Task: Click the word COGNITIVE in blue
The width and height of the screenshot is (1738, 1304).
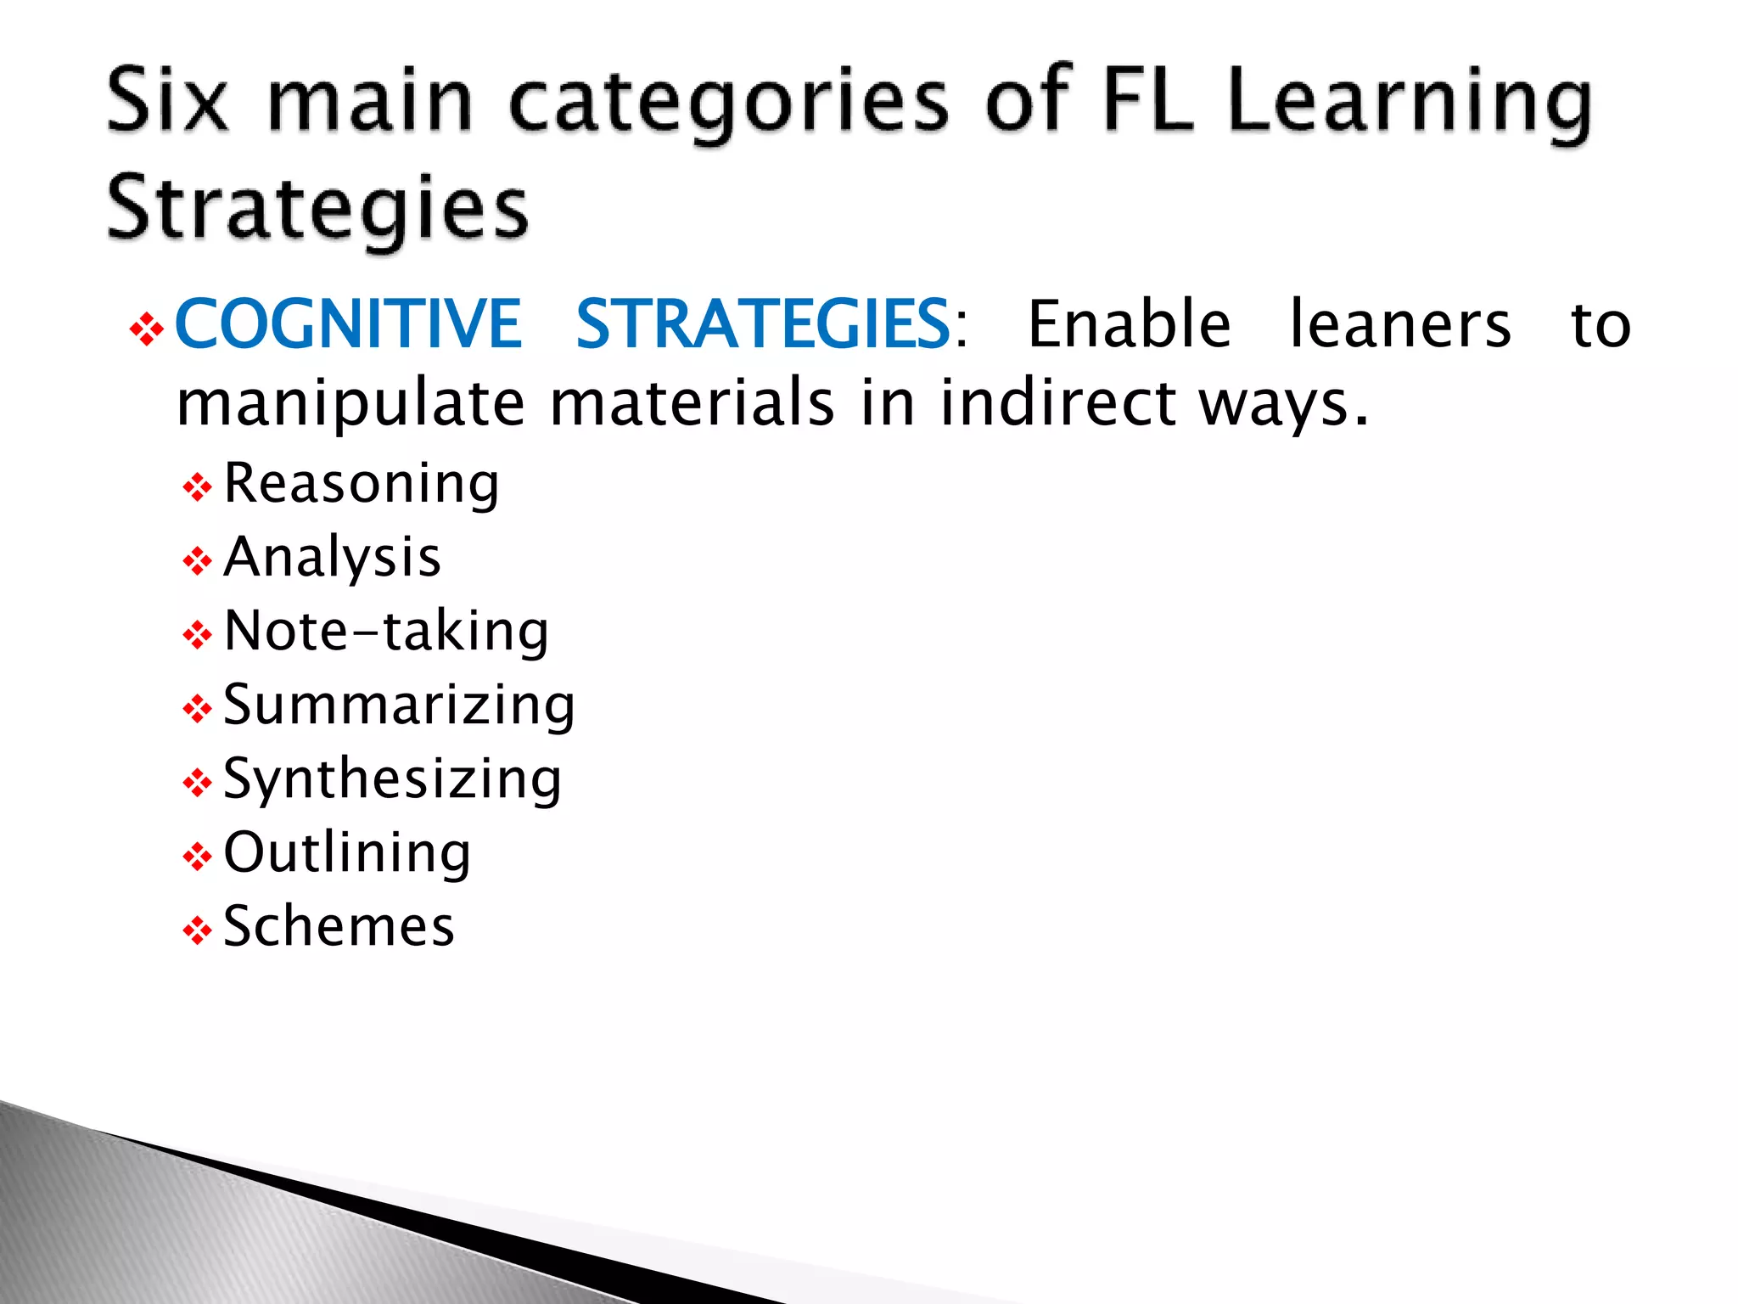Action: coord(347,323)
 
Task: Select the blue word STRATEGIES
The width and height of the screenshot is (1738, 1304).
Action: coord(762,323)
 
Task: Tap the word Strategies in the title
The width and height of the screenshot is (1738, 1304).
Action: coord(317,209)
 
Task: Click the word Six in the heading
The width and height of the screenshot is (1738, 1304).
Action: coord(168,101)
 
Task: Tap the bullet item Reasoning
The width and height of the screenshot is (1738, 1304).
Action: coord(362,485)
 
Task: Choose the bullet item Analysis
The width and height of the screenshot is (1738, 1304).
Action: coord(332,558)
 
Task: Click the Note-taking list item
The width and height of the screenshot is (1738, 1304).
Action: coord(386,632)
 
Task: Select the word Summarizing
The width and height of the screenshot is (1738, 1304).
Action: coord(399,705)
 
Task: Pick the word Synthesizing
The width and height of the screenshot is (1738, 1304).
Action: coord(392,779)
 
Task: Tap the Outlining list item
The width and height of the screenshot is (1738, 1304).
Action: coord(347,852)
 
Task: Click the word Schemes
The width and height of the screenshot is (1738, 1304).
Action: coord(339,926)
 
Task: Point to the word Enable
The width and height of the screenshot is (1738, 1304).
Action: coord(1129,323)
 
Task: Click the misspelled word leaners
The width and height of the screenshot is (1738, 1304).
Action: coord(1400,323)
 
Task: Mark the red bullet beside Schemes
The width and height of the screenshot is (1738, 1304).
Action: coord(197,930)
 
